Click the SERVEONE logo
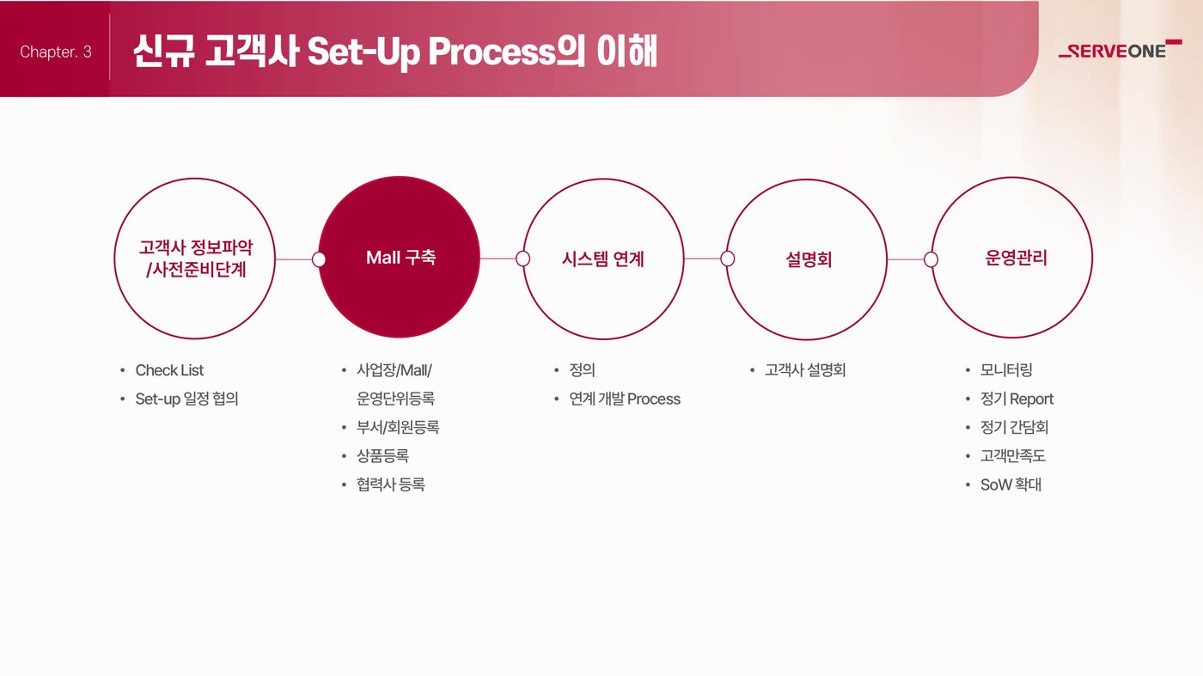click(1121, 50)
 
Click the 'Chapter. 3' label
click(56, 52)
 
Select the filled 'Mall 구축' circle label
click(400, 258)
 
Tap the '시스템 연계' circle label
click(603, 259)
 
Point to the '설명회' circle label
click(809, 260)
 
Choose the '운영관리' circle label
click(1016, 258)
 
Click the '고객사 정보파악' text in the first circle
click(196, 247)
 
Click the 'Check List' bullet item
click(169, 370)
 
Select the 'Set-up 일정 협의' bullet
click(186, 399)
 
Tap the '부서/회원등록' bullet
click(398, 428)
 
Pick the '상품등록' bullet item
click(383, 456)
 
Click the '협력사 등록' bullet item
click(391, 484)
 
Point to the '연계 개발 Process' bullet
click(625, 399)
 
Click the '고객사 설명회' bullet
click(805, 370)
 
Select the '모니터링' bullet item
click(1006, 370)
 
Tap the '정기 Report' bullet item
click(1017, 399)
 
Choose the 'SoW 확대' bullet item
click(1011, 484)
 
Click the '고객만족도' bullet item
click(1013, 456)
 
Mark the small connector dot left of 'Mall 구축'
click(319, 259)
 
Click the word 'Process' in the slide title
click(492, 52)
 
